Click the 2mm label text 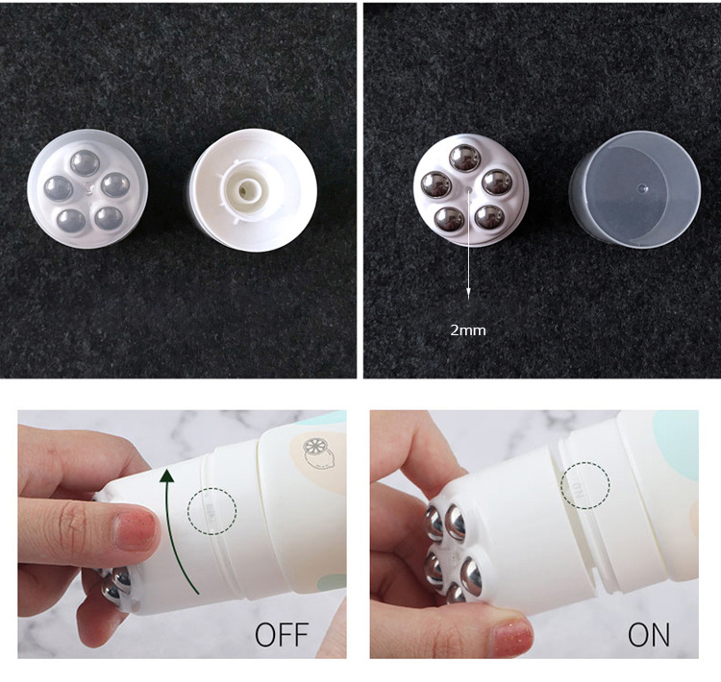pos(467,330)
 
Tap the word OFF pos(282,635)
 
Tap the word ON pos(648,635)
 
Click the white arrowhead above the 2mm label pos(468,293)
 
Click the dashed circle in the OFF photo pos(211,510)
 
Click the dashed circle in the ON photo pos(585,484)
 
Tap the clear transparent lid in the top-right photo pos(635,188)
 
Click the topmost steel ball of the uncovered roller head pos(464,158)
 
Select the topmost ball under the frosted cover pos(85,162)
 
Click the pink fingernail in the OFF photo pos(136,531)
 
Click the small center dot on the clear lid pos(642,187)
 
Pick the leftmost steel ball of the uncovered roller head pos(435,184)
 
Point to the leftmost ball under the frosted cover pos(59,188)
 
